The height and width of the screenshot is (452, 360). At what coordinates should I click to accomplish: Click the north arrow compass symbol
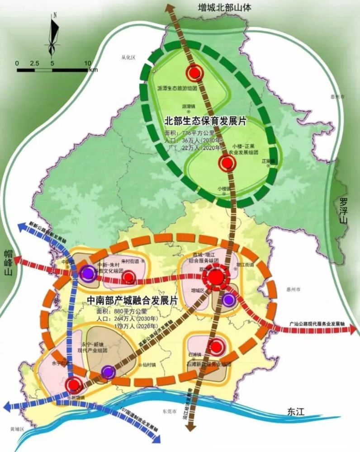(54, 34)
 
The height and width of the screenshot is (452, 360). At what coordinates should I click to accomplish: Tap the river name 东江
(296, 412)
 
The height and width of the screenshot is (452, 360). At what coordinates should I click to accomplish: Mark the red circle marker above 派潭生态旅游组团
(194, 72)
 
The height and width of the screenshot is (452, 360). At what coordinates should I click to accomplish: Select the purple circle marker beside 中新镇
(87, 273)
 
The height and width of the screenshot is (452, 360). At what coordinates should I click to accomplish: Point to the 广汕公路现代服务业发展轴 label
(317, 324)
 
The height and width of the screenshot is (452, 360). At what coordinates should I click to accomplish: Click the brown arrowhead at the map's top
(170, 8)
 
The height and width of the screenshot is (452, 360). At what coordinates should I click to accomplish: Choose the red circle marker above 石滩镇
(216, 347)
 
